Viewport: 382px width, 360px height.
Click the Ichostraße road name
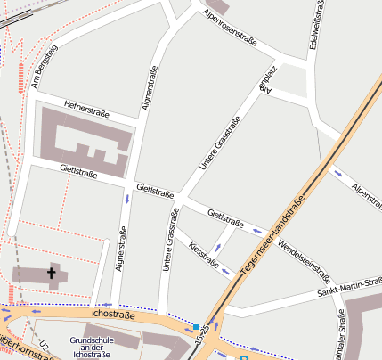(x=113, y=315)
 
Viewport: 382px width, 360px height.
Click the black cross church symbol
(x=51, y=274)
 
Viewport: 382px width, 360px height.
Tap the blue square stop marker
(x=196, y=327)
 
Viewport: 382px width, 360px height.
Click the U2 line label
(x=44, y=346)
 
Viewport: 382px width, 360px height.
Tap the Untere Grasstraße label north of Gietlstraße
(x=220, y=144)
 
